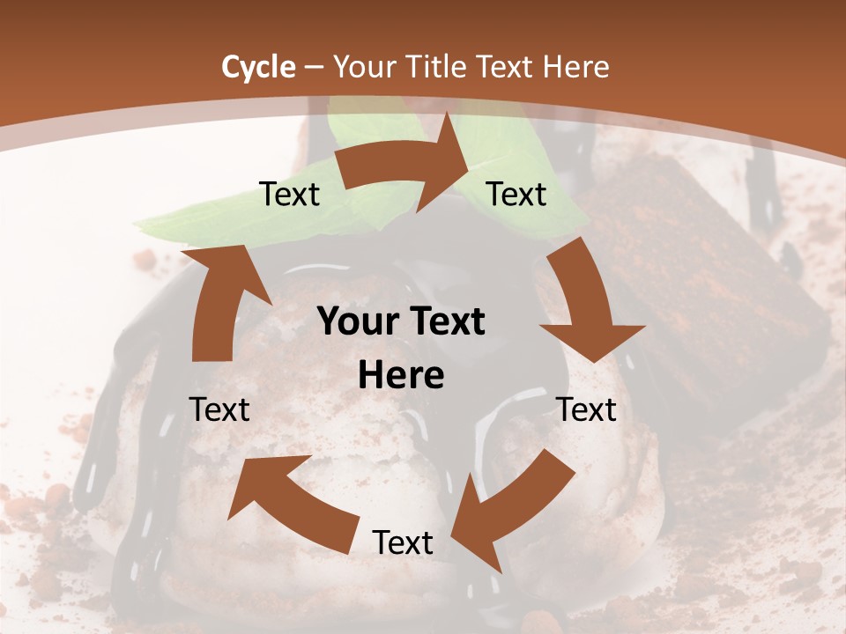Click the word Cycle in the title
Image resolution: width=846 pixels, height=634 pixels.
258,67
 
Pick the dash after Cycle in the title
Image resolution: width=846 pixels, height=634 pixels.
313,67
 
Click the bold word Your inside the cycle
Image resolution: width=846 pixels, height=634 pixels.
358,322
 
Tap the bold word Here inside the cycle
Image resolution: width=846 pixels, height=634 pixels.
401,376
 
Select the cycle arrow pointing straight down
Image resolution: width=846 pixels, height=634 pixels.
587,304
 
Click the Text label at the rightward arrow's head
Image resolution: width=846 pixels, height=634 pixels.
516,194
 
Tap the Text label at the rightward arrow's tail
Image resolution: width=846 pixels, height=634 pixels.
289,194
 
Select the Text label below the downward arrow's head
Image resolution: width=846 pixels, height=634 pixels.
587,409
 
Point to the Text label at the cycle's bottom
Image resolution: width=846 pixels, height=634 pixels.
403,542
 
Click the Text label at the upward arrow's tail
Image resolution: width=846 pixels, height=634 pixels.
219,409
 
